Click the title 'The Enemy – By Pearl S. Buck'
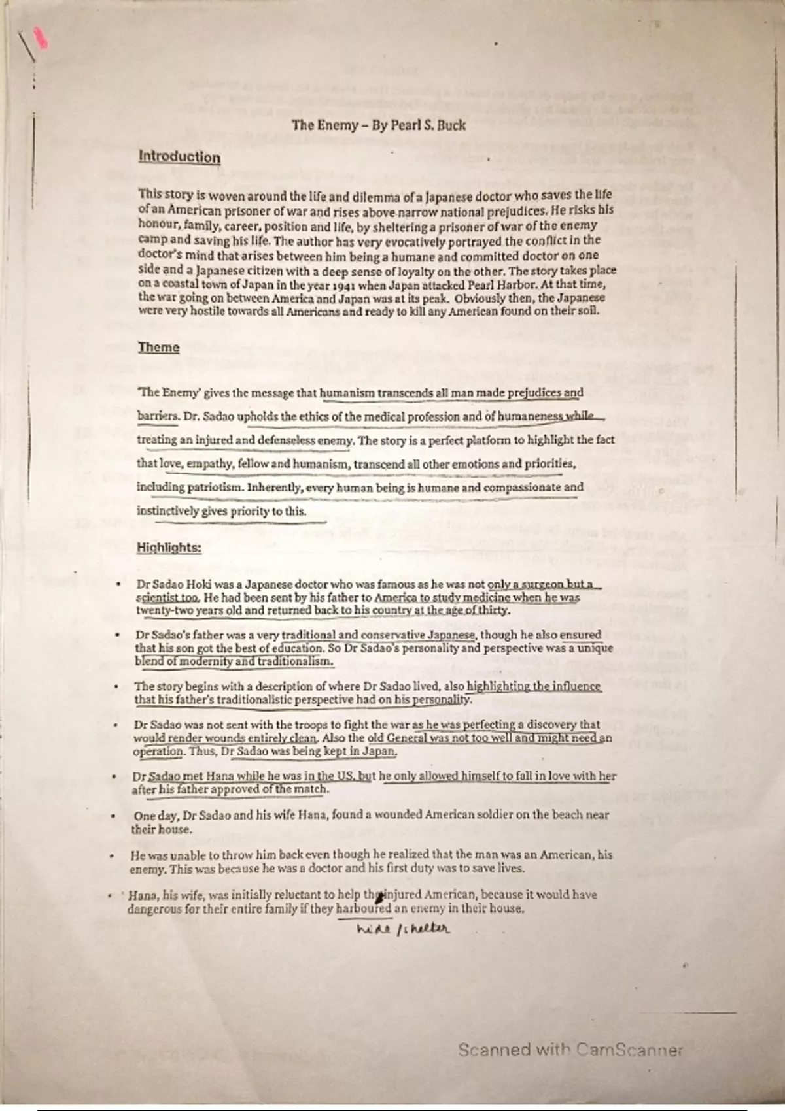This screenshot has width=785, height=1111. (x=379, y=125)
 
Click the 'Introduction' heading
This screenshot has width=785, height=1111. (x=179, y=157)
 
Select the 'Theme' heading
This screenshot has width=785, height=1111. (x=158, y=347)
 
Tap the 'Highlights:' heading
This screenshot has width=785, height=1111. (x=169, y=548)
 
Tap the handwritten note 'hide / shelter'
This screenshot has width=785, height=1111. (x=404, y=928)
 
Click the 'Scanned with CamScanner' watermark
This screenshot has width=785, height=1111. (x=570, y=1050)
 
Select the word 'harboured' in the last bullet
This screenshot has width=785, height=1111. (x=363, y=908)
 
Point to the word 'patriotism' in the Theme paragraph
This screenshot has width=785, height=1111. (x=214, y=488)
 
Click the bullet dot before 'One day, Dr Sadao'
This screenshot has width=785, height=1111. (x=114, y=816)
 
